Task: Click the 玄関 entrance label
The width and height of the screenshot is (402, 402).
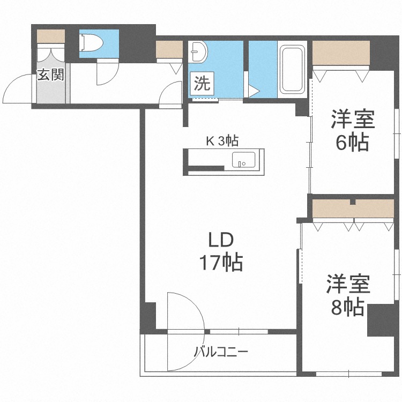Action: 50,75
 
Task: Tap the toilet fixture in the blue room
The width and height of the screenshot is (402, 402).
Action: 91,42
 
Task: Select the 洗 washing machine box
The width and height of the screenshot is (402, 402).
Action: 202,83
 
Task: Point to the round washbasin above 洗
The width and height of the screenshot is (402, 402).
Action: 200,51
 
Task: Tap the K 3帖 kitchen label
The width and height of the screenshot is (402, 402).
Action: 222,141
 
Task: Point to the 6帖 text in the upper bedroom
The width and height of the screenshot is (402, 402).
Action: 352,143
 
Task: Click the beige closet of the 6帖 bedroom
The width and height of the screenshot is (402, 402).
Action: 341,53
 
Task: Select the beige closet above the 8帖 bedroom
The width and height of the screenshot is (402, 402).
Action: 354,210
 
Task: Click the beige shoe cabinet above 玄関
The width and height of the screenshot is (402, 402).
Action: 50,36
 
